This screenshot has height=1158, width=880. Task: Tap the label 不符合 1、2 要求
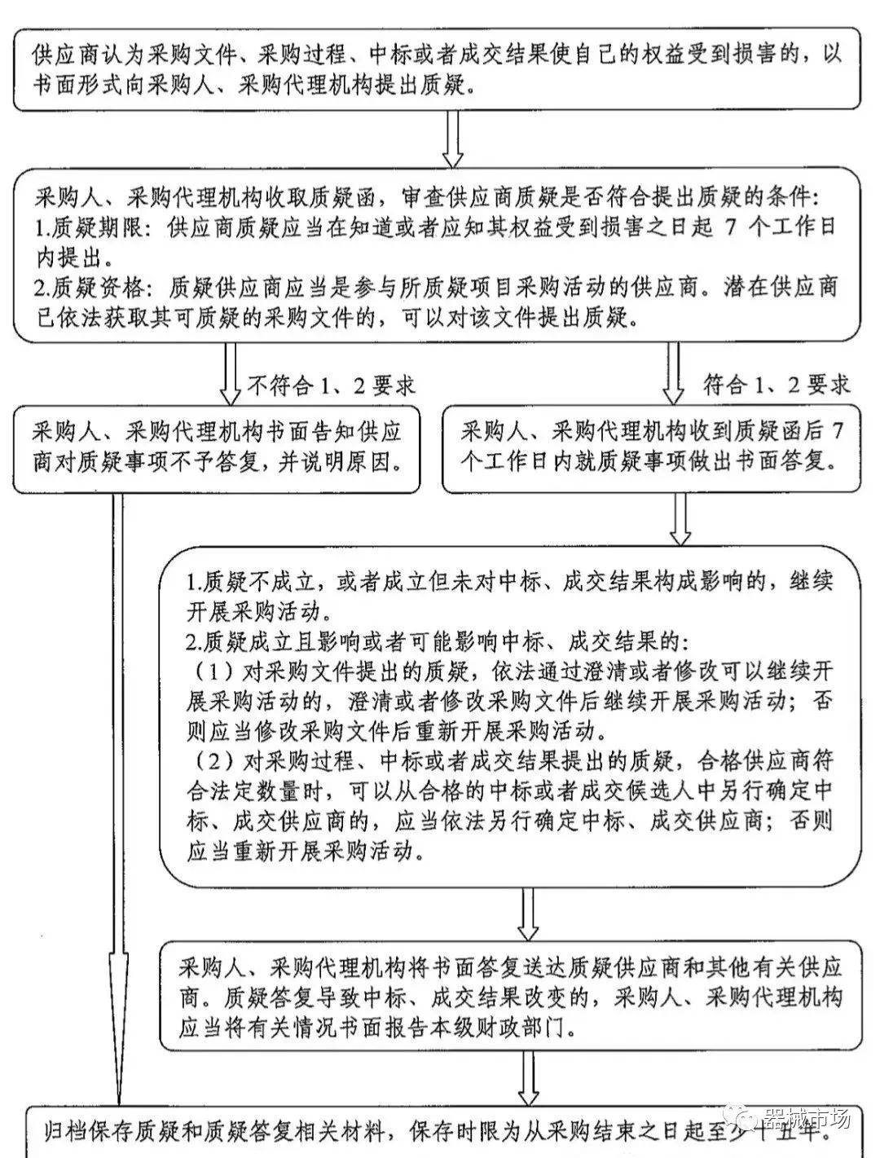(x=331, y=385)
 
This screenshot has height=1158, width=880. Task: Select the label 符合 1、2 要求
(x=776, y=385)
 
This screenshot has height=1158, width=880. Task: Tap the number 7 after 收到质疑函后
(x=837, y=432)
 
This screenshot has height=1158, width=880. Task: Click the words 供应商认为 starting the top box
(x=81, y=55)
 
